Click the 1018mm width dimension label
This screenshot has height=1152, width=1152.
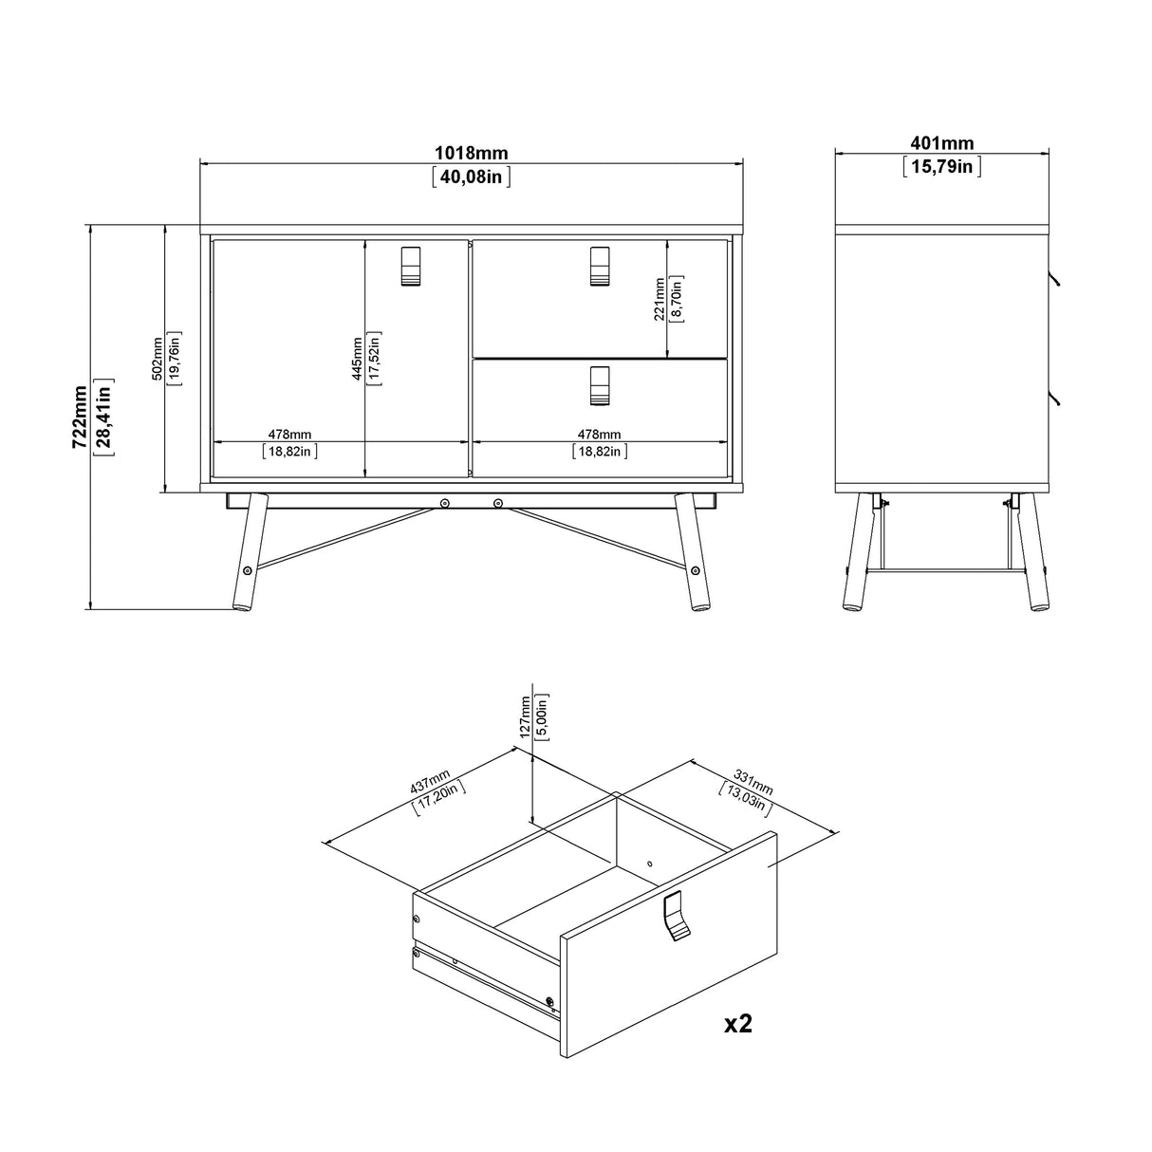coord(471,153)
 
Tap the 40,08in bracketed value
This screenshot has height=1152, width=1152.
coord(471,176)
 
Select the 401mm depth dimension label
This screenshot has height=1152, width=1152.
coord(941,144)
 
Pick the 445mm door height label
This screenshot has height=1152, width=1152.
coord(357,358)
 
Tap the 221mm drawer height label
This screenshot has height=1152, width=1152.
coord(660,298)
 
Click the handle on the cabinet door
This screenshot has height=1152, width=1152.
coord(410,266)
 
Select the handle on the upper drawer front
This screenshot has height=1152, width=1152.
coord(599,266)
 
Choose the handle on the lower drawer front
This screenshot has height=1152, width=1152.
coord(599,384)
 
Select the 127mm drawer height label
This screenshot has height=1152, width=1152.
coord(525,720)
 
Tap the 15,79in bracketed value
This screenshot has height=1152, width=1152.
coord(941,167)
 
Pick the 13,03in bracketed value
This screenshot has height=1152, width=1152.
coord(745,800)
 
